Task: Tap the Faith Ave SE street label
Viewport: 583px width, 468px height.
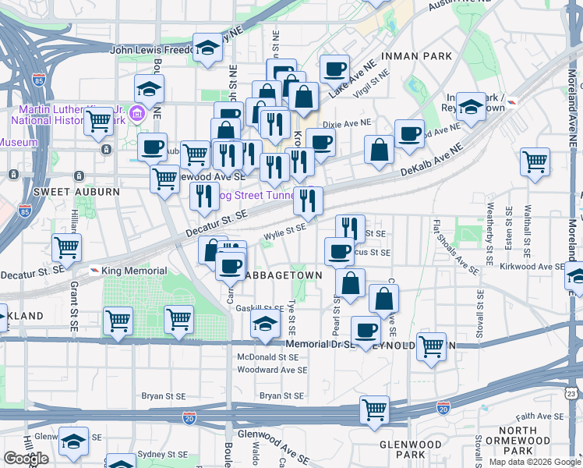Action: [538, 417]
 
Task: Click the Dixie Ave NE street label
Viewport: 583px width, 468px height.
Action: [348, 123]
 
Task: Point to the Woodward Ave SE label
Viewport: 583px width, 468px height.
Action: [272, 370]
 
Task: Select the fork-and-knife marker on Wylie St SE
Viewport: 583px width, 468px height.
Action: [351, 228]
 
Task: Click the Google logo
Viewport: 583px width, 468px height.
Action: [26, 459]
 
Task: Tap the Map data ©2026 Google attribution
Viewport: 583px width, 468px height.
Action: [534, 462]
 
